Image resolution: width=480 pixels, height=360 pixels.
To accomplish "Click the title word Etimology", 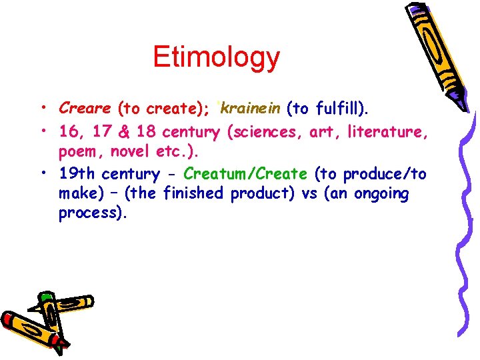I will pyautogui.click(x=216, y=57).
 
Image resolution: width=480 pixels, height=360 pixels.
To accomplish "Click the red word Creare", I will pyautogui.click(x=85, y=107).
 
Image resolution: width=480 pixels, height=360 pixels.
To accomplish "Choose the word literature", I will pyautogui.click(x=384, y=132).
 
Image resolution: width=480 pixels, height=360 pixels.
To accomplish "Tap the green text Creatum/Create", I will pyautogui.click(x=245, y=175).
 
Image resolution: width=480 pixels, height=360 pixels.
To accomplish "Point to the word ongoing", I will pyautogui.click(x=382, y=194).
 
